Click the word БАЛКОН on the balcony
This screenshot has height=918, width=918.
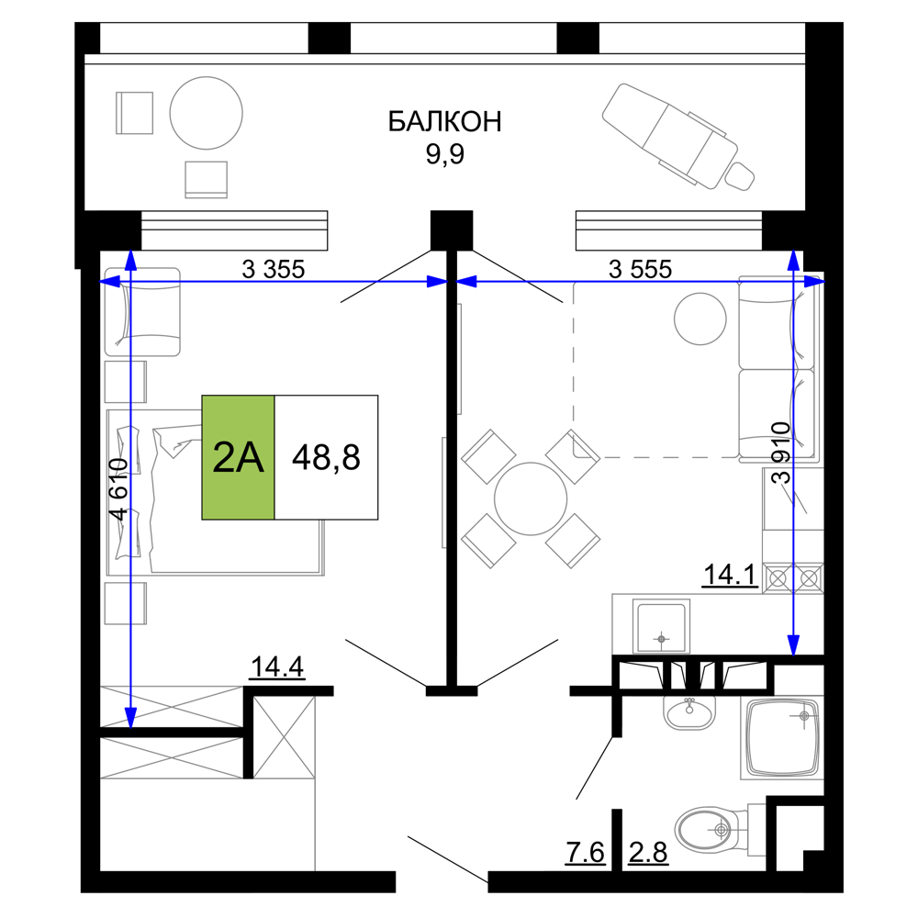pos(445,122)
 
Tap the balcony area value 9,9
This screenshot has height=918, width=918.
pos(445,154)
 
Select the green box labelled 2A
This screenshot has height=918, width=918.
pos(239,457)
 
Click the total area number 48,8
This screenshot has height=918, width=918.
pos(326,457)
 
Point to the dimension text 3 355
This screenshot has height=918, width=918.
pos(274,269)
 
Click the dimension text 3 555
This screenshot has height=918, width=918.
pos(641,269)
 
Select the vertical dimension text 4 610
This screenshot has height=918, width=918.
pos(118,489)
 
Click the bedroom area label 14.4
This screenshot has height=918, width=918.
pos(277,666)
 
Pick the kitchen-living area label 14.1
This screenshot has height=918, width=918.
pos(730,575)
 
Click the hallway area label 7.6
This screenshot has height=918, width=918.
pos(585,852)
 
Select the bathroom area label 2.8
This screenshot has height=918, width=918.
pos(648,853)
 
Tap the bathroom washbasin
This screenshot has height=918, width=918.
pos(689,712)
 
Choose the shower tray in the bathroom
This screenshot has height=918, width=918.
pos(781,738)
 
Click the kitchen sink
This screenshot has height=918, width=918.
pos(661,626)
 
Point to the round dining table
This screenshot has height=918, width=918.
pos(531,498)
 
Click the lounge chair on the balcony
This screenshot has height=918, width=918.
pos(678,137)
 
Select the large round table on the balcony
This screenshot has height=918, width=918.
pos(206,113)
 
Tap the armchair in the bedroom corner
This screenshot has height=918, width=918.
pos(142,312)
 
